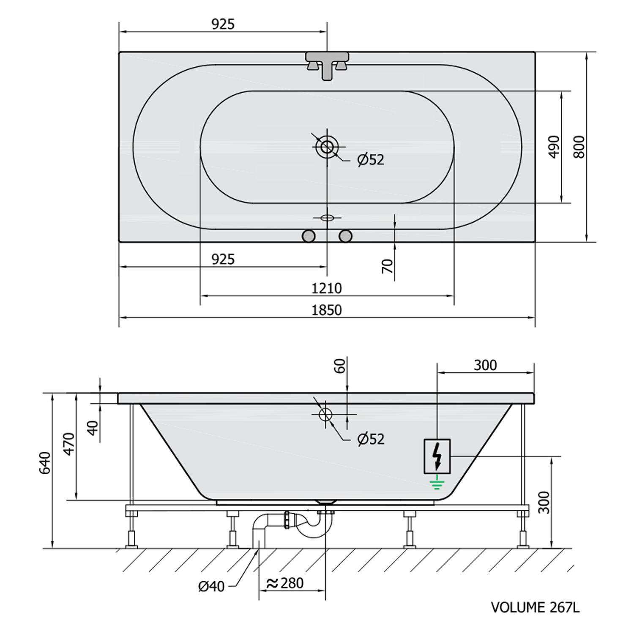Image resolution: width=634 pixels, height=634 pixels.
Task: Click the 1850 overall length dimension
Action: tap(326, 310)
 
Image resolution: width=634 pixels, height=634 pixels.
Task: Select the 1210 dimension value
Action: tap(326, 288)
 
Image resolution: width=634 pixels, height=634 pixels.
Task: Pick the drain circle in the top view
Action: tap(327, 147)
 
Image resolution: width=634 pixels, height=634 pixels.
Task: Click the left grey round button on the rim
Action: tap(309, 236)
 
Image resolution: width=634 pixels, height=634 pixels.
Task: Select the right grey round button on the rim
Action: tap(345, 236)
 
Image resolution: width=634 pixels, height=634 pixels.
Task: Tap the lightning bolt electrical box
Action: tap(437, 456)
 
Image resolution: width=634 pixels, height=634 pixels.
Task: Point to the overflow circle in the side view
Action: tap(325, 415)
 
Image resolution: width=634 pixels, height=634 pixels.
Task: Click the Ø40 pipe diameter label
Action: tap(211, 586)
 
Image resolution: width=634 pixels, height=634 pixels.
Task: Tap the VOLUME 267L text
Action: tap(535, 607)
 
